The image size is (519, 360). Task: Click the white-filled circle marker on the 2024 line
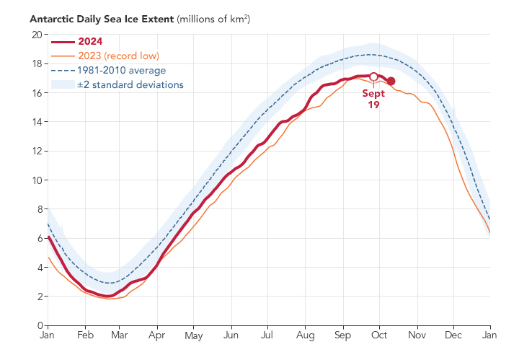point(373,76)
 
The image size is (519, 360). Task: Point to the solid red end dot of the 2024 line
point(391,82)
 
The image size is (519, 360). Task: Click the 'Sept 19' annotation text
point(373,99)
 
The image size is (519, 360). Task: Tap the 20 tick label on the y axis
point(35,35)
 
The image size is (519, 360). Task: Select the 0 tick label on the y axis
point(38,325)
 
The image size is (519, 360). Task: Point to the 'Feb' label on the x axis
point(85,336)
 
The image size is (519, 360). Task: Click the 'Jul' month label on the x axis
point(267,336)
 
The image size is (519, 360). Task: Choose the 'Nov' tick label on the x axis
point(416,336)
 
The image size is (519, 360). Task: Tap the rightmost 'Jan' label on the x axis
point(490,336)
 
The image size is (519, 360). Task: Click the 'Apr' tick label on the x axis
point(156,336)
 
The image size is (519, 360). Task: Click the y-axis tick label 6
point(38,238)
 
